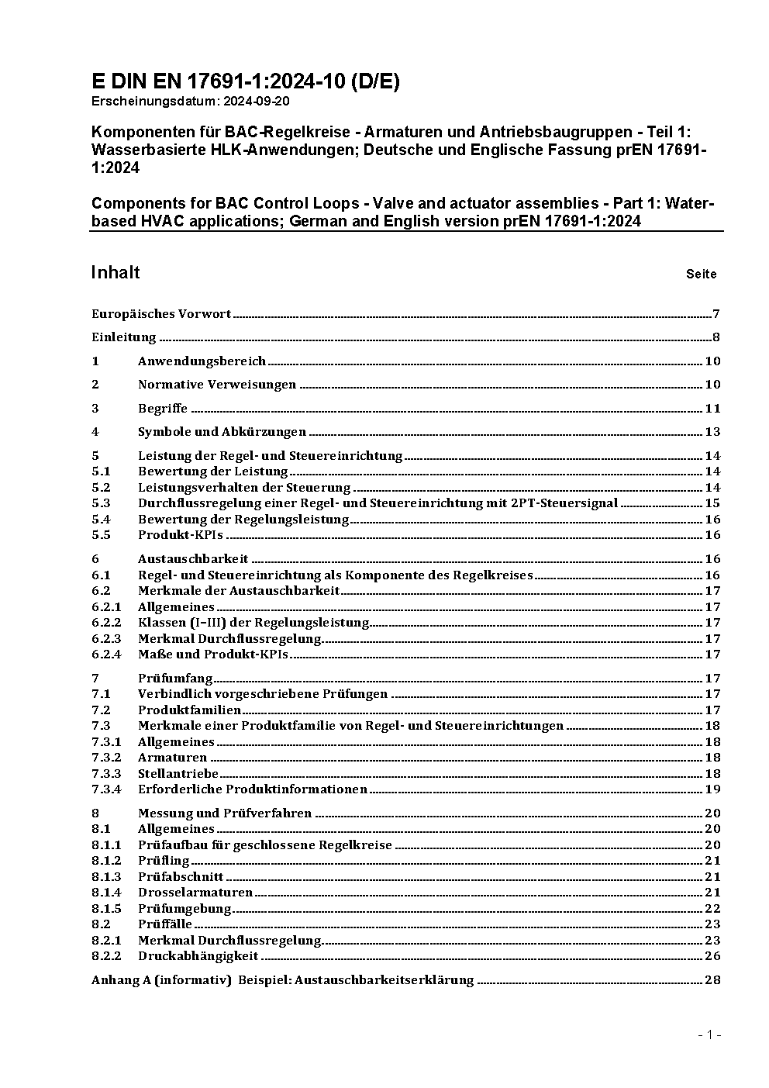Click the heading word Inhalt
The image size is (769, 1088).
(x=116, y=272)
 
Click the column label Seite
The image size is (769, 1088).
(x=701, y=274)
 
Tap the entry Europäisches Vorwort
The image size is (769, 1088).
(x=161, y=314)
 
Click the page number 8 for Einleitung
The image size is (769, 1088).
(x=716, y=337)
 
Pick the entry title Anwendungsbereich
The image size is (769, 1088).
(x=202, y=361)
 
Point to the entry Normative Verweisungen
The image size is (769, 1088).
(x=217, y=385)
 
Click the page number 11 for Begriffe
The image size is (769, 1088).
(x=712, y=409)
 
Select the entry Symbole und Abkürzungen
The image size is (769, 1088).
(x=222, y=432)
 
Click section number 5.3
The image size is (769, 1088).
(x=101, y=503)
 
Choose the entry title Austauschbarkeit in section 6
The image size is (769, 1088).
(x=193, y=559)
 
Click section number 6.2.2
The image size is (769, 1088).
(x=106, y=623)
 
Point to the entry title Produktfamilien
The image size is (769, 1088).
(x=189, y=710)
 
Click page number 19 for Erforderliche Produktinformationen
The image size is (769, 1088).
(x=712, y=789)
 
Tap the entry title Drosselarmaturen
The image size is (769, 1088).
(x=195, y=893)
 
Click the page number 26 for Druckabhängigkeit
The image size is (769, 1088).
(x=712, y=956)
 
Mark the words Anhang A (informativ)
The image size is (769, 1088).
(x=161, y=980)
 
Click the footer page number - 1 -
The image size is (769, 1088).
(x=709, y=1035)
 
